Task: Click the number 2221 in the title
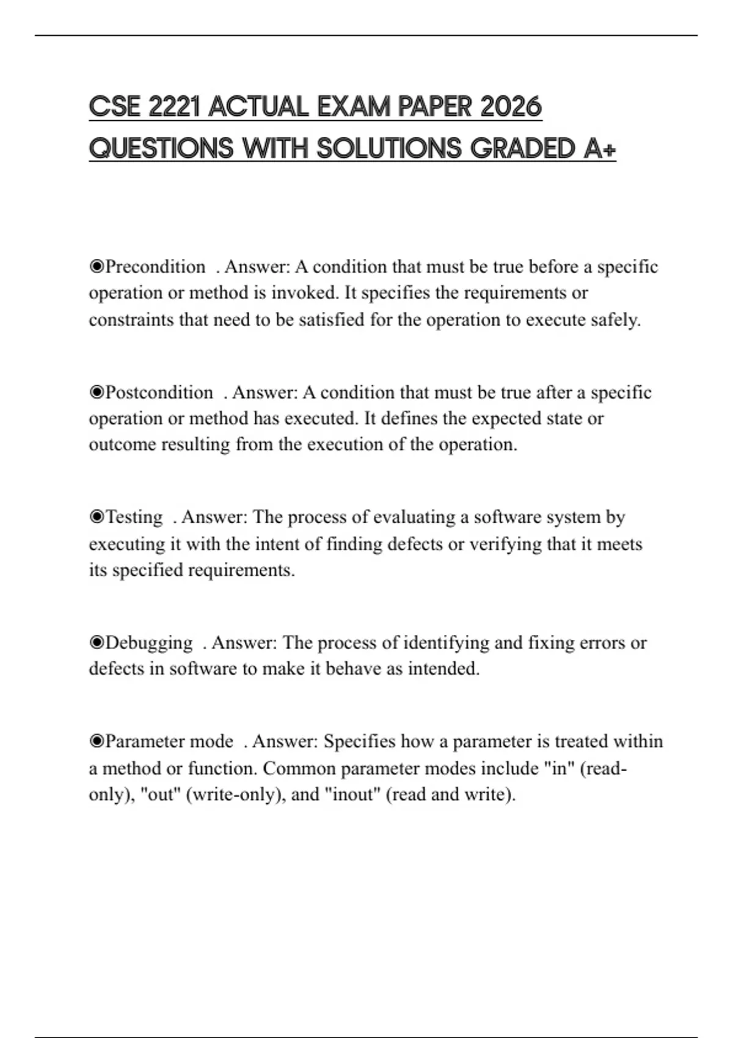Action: [x=173, y=107]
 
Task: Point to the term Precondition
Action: [x=155, y=267]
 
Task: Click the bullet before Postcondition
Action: [x=97, y=392]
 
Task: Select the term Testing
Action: [x=134, y=517]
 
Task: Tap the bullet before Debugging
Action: [x=97, y=643]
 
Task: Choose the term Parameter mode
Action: [x=169, y=741]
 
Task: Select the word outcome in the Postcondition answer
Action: [x=122, y=445]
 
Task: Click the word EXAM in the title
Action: [x=354, y=107]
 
